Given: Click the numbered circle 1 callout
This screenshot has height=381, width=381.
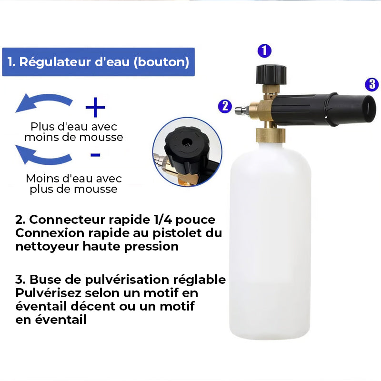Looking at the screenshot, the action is [x=264, y=51].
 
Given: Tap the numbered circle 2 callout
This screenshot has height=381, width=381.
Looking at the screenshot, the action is [x=225, y=106].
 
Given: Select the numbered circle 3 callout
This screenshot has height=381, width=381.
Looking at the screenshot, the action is [x=372, y=84].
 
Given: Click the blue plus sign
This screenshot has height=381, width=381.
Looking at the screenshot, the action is [x=95, y=107].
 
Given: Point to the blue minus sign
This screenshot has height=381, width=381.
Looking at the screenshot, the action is [x=95, y=155].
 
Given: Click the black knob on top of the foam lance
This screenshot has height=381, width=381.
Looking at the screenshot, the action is [x=271, y=74].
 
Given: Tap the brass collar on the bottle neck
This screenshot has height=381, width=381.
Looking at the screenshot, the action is [x=271, y=135].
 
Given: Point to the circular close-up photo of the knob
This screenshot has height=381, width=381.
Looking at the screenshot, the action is [x=187, y=152].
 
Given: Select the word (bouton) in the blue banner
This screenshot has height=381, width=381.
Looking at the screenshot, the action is [x=161, y=62].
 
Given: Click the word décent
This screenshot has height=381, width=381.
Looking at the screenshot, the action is [x=95, y=306].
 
